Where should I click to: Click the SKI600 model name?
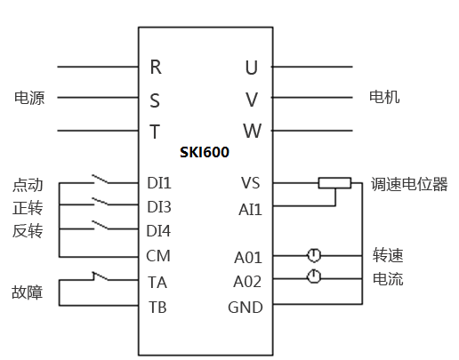[205, 152]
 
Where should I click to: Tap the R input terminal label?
[156, 67]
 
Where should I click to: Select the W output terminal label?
[253, 131]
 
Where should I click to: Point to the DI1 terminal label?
[159, 183]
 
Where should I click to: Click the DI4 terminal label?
[158, 231]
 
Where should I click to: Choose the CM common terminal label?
[158, 256]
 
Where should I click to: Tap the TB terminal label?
[157, 308]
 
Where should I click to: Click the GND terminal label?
[246, 308]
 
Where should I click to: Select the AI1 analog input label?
[250, 210]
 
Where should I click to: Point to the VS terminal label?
[251, 183]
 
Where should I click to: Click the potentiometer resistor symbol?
[334, 183]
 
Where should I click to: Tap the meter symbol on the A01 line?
[314, 255]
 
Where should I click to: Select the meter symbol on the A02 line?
[314, 276]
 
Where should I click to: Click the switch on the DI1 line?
[101, 180]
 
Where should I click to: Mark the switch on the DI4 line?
[101, 225]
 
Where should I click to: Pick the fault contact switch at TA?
[101, 276]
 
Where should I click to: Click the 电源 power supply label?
[29, 98]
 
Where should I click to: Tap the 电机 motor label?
[384, 97]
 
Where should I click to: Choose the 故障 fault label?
[28, 292]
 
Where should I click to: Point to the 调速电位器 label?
[409, 184]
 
